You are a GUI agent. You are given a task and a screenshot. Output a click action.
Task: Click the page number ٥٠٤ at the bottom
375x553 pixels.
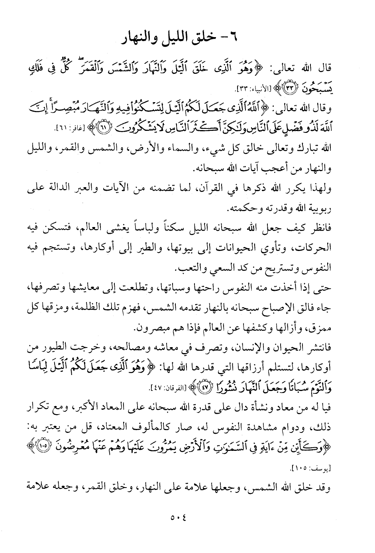tap(187, 518)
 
